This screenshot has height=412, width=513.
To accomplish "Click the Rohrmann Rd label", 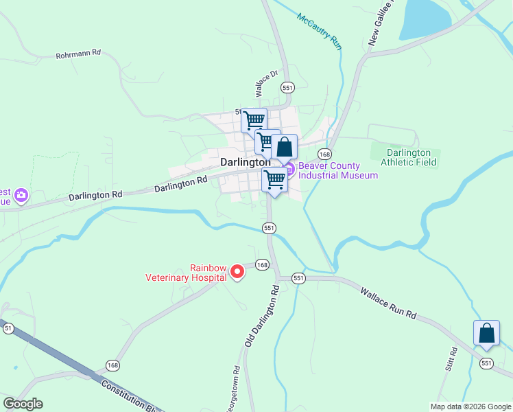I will [x=78, y=53].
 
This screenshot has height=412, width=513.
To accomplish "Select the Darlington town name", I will [x=245, y=163].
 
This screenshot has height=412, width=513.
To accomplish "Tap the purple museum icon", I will [x=290, y=168].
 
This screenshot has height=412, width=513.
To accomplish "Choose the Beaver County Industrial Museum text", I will [x=337, y=170].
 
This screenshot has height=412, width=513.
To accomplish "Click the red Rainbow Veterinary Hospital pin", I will [x=237, y=272].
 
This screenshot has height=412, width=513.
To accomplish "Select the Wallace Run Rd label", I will [x=388, y=302].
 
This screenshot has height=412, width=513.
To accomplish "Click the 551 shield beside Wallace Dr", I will [x=287, y=87].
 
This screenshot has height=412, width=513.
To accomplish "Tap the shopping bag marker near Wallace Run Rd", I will [x=486, y=333].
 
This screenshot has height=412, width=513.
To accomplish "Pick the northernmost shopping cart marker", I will [x=254, y=120].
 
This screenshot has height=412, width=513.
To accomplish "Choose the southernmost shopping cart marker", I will [x=274, y=179].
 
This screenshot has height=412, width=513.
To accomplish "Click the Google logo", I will [x=23, y=404].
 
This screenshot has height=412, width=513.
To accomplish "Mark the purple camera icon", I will [x=21, y=196].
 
